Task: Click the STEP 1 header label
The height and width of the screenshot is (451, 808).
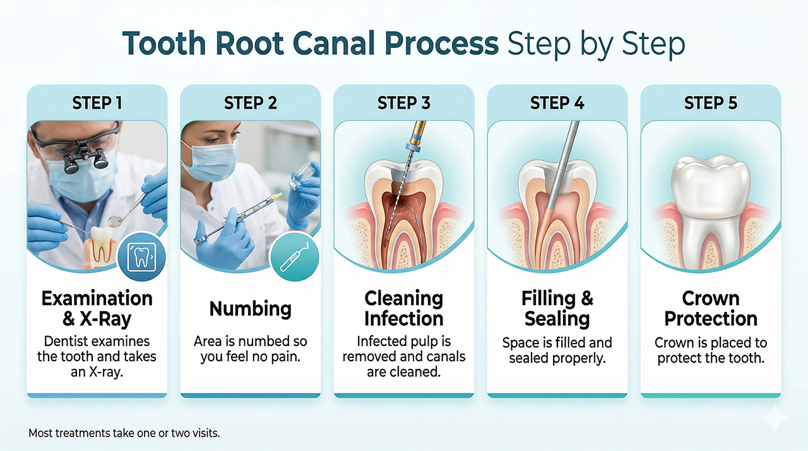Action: click(97, 103)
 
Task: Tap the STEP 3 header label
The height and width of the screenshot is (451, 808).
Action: click(404, 103)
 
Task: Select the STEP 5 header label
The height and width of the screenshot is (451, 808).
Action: click(711, 103)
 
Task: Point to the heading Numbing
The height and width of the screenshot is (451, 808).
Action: click(251, 309)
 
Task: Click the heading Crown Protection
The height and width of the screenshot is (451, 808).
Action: click(711, 308)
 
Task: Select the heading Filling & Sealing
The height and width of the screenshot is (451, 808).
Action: click(557, 308)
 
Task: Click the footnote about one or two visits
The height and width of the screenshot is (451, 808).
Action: click(124, 434)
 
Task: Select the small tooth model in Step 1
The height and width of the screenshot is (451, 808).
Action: click(99, 246)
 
